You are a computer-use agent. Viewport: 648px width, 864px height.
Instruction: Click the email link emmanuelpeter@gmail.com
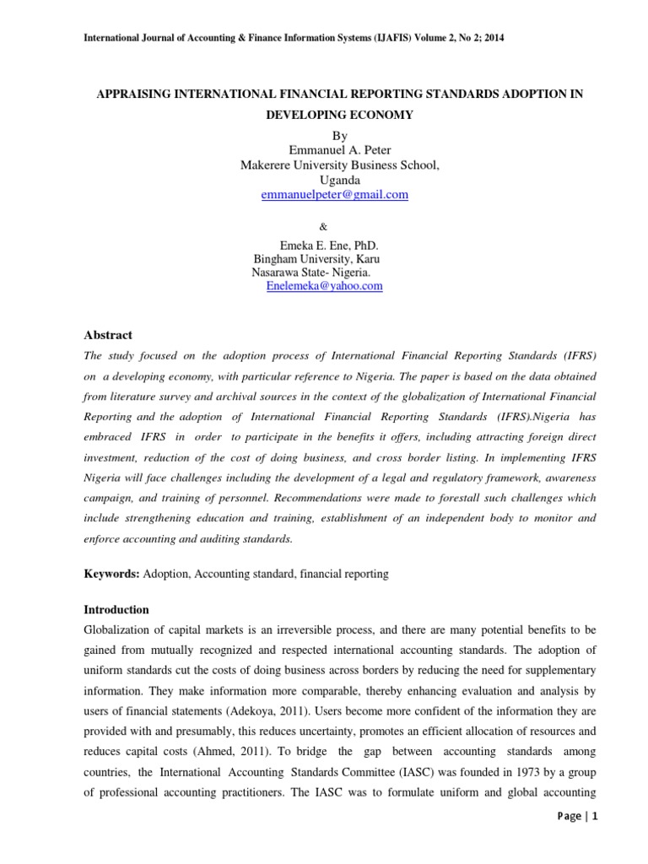[x=335, y=194]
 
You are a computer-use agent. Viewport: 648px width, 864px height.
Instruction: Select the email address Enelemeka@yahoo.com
[x=324, y=286]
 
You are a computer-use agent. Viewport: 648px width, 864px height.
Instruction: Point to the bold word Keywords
[x=110, y=574]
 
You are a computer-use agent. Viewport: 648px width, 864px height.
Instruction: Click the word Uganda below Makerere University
[x=340, y=180]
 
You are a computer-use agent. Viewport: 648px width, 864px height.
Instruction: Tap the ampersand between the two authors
[x=324, y=226]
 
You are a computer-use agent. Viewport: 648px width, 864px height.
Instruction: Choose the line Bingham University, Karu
[x=316, y=258]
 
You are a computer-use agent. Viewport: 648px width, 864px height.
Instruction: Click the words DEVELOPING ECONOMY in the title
[x=338, y=116]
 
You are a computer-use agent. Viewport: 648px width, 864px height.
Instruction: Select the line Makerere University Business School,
[x=340, y=165]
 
